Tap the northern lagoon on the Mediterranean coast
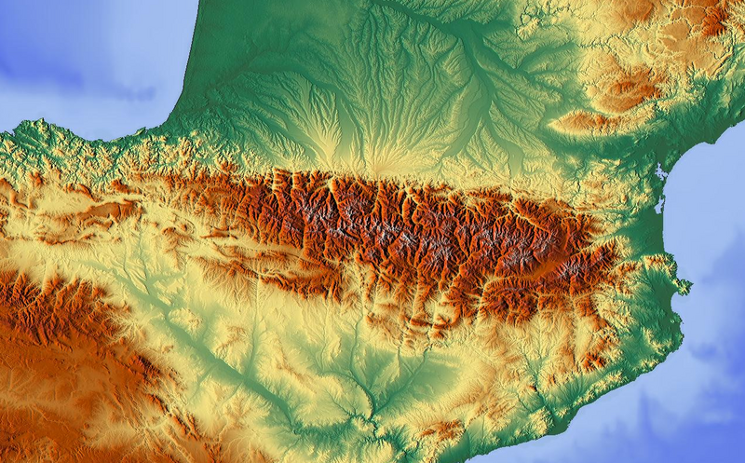click(660, 173)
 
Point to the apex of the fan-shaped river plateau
click(377, 168)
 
